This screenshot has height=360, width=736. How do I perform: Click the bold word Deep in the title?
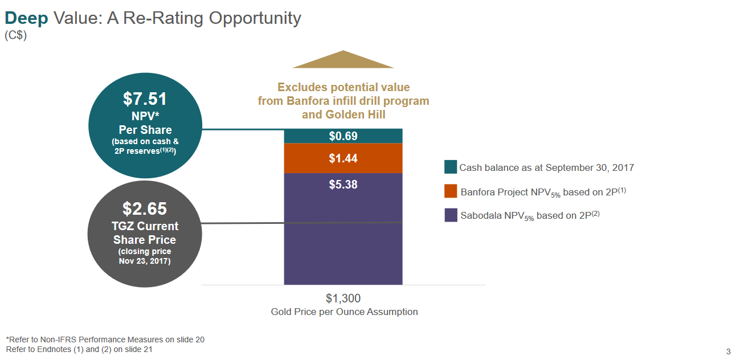(26, 18)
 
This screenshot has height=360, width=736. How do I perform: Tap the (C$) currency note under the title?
(16, 35)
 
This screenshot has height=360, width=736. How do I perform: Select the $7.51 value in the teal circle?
(145, 99)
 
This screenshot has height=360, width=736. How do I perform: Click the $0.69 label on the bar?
(343, 136)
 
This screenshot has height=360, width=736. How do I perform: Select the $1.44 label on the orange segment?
(343, 158)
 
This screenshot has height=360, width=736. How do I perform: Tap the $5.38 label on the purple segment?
(343, 185)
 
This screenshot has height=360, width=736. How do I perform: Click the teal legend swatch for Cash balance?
(451, 167)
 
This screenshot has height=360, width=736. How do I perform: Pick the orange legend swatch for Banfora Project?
(451, 191)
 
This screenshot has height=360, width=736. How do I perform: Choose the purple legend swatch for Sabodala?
(451, 215)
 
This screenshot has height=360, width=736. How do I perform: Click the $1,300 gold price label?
(343, 298)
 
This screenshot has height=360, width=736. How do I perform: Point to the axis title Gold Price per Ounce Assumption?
(344, 312)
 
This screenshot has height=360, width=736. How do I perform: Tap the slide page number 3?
(728, 350)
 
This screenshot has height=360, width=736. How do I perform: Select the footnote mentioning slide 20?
(105, 339)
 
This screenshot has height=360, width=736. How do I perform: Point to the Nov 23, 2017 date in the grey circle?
(145, 261)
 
